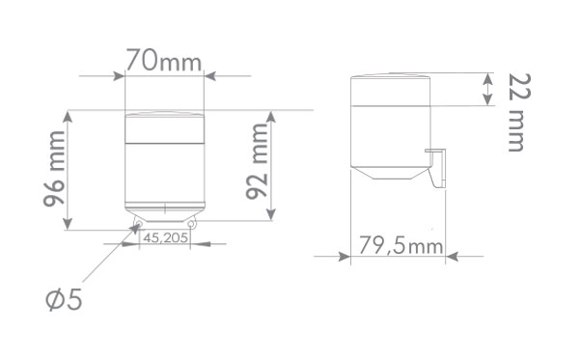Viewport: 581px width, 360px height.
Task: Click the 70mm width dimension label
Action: coord(163,60)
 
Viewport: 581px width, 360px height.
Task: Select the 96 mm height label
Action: coord(54,169)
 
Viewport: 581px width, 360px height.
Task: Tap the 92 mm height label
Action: coord(257,161)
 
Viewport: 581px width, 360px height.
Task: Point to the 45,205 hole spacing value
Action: coord(165,237)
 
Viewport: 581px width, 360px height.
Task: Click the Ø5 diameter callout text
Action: coord(64,299)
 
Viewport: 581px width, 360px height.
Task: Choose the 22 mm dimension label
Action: coord(519,112)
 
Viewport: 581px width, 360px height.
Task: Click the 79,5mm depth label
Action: coord(401,245)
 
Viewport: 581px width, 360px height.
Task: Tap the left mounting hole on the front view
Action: coord(139,223)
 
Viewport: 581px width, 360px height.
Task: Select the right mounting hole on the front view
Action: coord(191,224)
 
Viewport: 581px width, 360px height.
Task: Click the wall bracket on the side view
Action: coord(437,168)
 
